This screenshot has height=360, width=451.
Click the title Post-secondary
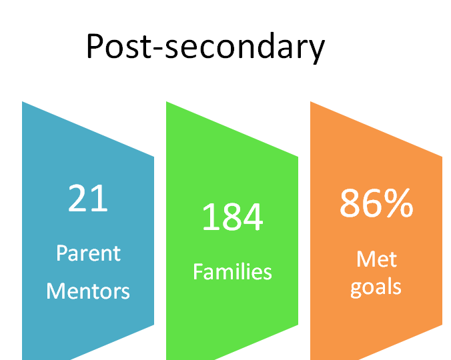point(205,47)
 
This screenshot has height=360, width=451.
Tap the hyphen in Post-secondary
point(158,48)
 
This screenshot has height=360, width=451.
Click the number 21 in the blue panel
point(88,198)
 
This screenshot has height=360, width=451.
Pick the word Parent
point(88,253)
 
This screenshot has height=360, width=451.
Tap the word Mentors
point(88,291)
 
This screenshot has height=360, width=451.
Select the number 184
point(232,217)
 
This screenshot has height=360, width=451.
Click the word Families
point(232,271)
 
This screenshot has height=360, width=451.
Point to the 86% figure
point(376,203)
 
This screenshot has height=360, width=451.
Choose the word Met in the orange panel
point(377,259)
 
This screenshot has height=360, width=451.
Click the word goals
point(376,287)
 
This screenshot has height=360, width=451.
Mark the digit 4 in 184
point(253,217)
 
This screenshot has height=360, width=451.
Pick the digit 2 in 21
point(77,198)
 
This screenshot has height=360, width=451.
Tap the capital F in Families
point(198,271)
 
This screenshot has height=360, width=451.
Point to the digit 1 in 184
point(209,217)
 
